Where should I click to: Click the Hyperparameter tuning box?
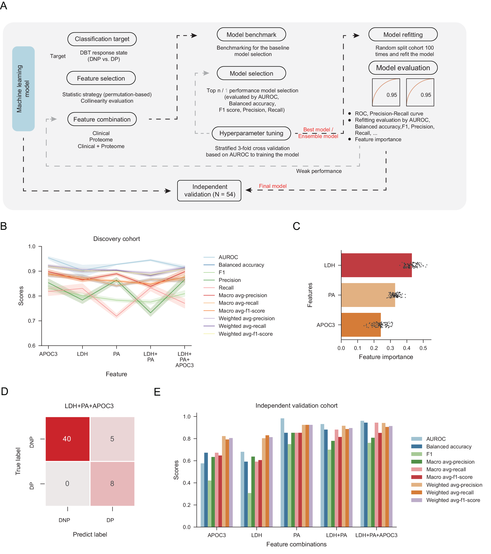point(251,133)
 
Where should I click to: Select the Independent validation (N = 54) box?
point(209,191)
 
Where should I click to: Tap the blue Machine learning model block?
point(23,89)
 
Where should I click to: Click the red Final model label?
point(272,186)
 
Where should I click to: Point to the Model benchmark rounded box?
point(251,35)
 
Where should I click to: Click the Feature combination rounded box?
point(102,119)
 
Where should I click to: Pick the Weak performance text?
point(319,171)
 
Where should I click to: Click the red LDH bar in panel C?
point(376,265)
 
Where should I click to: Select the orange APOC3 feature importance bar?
point(361,325)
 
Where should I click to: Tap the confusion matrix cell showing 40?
point(67,439)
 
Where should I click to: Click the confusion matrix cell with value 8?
point(112,484)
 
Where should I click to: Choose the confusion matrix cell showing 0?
point(67,484)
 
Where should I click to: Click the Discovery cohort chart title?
point(117,239)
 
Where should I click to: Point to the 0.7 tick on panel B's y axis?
point(32,321)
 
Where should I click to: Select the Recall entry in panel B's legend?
point(226,288)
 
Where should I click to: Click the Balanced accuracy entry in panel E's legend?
point(449,446)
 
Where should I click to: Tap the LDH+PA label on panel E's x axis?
point(336,535)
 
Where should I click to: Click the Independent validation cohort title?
point(297,405)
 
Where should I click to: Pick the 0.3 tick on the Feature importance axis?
point(390,348)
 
